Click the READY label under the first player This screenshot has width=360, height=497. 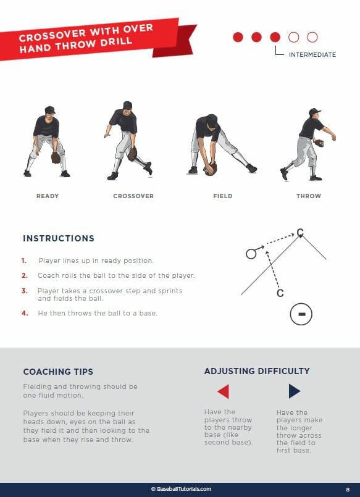pos(48,196)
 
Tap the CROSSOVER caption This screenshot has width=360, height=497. pos(133,196)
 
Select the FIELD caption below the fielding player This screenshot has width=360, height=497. pos(223,196)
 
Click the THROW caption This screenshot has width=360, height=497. pos(309,196)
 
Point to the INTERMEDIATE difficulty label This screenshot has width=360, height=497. pos(312,55)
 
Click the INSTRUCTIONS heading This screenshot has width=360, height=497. pos(59,238)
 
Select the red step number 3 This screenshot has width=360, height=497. pos(25,291)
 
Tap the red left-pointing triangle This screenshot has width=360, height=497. pos(224,391)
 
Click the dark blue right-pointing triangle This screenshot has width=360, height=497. pos(295,391)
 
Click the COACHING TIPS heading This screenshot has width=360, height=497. pos(58,372)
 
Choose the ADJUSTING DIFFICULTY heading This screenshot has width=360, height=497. pos(257,371)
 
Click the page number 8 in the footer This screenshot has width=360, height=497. pos(348,489)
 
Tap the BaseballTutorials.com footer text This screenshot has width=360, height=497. pos(181,489)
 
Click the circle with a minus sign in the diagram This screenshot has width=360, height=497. pos(301,314)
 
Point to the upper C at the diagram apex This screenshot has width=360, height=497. pos(300,232)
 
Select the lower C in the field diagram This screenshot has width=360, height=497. pos(280,293)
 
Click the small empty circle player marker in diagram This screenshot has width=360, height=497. pos(251,254)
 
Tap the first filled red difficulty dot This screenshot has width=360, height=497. pos(238,37)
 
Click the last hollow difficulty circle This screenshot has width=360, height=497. pos(312,37)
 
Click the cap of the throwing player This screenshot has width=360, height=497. pos(314,112)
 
